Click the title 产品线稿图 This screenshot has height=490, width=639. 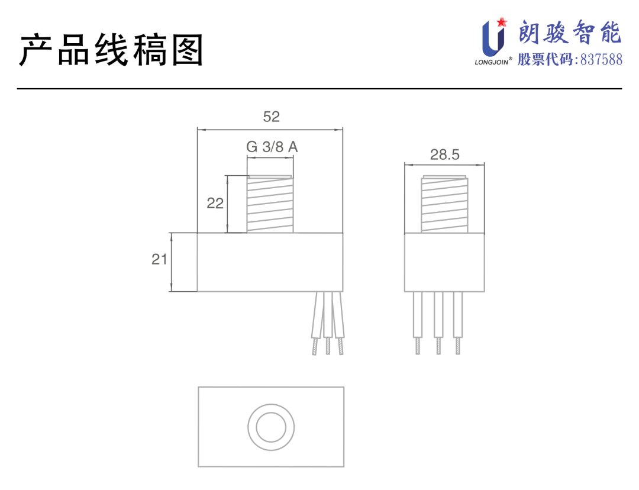coord(111,50)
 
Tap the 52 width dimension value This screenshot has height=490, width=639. coord(271,117)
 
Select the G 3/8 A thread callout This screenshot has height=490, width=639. coord(272,147)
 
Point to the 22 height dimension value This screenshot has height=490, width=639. coord(215,203)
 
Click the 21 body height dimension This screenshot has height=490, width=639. coord(159,259)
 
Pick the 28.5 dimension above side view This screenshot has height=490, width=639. coord(444,154)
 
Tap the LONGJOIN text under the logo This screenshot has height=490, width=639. coord(490,61)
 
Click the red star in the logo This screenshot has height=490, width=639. coord(502,22)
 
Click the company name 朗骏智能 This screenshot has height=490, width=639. coord(570,33)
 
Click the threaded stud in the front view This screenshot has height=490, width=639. coord(270,204)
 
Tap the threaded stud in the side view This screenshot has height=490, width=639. coord(444,204)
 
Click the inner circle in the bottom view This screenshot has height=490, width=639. coord(271,425)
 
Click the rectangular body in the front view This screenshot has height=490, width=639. coord(270,262)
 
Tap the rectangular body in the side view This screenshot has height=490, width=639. coord(444,262)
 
